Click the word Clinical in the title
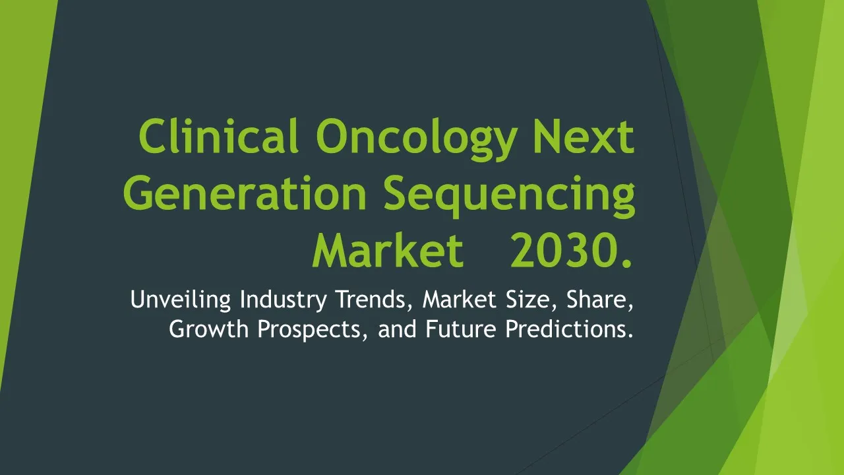[218, 136]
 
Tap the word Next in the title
[584, 137]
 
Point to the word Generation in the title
[245, 193]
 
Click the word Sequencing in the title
[510, 197]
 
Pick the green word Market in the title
[388, 250]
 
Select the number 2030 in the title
[564, 250]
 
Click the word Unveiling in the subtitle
[181, 300]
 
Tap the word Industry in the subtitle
[284, 300]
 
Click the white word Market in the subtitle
[460, 299]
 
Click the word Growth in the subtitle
[208, 329]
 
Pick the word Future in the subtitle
[461, 329]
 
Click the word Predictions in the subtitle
[569, 329]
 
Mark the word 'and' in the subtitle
[397, 329]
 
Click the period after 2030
[627, 263]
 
